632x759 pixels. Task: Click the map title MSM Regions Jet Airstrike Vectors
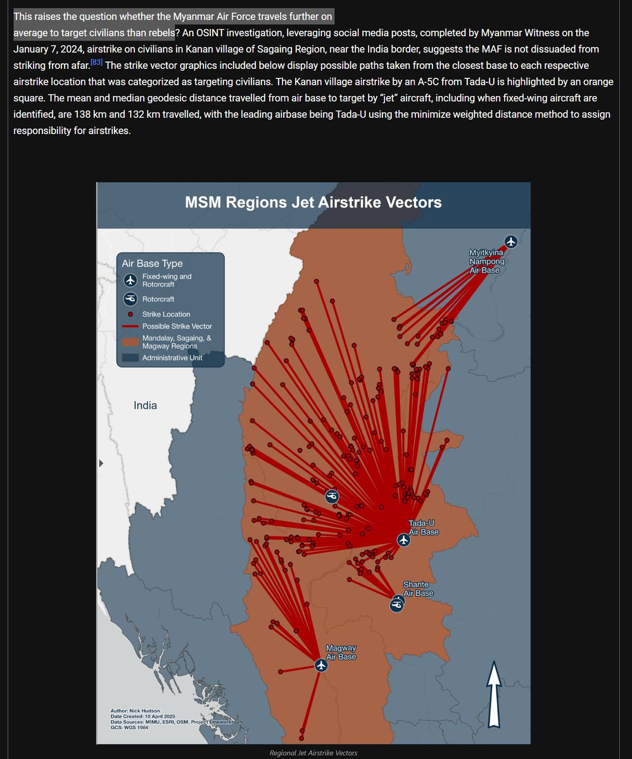coord(313,202)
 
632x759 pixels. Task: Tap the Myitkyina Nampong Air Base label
coord(484,261)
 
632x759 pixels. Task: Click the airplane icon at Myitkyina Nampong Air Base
coord(511,242)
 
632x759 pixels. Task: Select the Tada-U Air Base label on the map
coord(424,528)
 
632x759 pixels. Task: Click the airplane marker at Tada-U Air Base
coord(403,540)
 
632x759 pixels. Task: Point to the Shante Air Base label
coord(418,588)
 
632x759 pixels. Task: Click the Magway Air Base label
coord(341,652)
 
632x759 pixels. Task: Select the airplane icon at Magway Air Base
coord(321,665)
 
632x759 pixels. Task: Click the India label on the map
coord(145,405)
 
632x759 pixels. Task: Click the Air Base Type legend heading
coord(152,263)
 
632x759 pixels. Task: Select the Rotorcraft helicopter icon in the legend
coord(130,299)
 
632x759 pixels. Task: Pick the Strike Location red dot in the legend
coord(130,314)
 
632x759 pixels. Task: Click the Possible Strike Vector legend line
coord(130,326)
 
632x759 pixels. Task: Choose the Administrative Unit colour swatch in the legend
coord(130,357)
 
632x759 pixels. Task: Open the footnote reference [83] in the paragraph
coord(96,62)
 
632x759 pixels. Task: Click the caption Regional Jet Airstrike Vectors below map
coord(313,753)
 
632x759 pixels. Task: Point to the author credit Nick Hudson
coord(134,711)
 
